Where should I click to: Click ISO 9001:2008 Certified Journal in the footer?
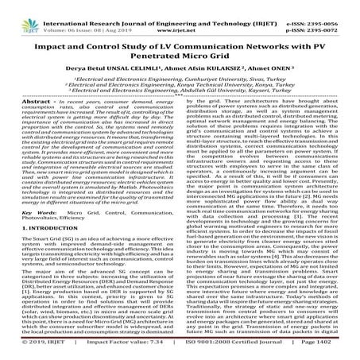click(x=241, y=354)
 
